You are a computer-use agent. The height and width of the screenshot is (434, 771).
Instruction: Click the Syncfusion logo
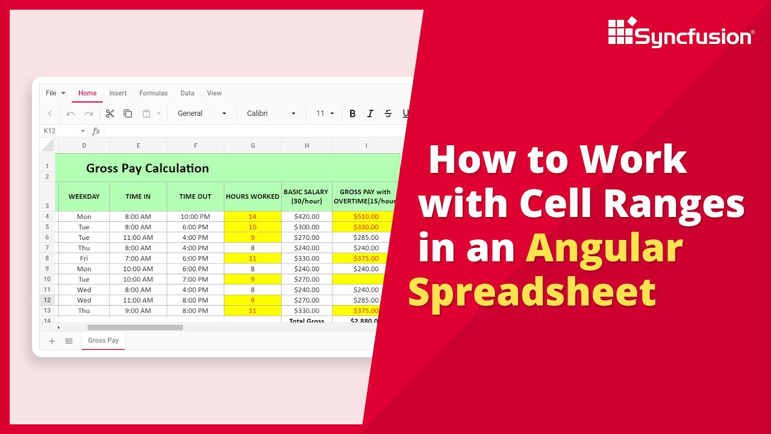(x=680, y=33)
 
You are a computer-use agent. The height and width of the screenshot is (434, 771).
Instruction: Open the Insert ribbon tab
(x=118, y=93)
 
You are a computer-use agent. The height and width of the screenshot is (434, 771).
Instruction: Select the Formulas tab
(x=154, y=93)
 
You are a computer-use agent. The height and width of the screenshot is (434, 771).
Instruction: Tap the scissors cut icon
(x=110, y=113)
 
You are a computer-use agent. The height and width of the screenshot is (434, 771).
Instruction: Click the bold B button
(x=352, y=113)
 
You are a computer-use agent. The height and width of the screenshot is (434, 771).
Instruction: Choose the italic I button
(x=370, y=113)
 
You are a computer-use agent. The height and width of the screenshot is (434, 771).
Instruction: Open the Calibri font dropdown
(x=272, y=113)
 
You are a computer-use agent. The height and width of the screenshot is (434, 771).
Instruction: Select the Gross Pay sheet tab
(x=104, y=341)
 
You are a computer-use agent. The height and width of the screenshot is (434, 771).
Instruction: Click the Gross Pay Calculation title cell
(x=148, y=168)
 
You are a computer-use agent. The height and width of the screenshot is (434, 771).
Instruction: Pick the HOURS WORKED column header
(x=252, y=197)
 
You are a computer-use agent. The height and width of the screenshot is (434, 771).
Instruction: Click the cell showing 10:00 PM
(x=195, y=216)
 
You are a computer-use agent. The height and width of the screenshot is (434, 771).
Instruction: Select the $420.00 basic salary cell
(x=307, y=216)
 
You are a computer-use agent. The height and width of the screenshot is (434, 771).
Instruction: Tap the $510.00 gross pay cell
(x=366, y=216)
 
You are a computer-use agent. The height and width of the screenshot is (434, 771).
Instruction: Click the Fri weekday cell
(x=84, y=258)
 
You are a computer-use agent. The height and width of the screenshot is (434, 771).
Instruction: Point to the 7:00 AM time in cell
(x=138, y=258)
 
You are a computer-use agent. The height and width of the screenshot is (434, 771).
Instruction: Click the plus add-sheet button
(x=52, y=341)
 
